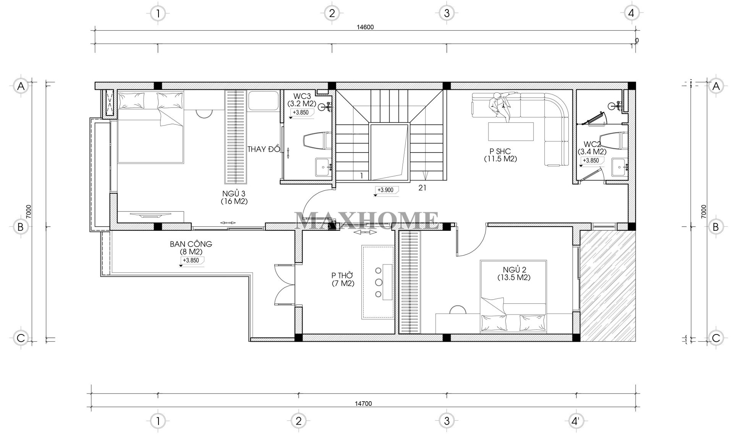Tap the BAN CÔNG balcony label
pos(191,244)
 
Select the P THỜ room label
pos(343,275)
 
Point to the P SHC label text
pos(500,152)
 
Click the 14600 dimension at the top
pos(365,27)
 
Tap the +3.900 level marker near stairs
pos(386,190)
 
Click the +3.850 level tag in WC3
pos(301,112)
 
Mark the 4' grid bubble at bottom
pos(574,421)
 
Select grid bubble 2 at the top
pos(331,13)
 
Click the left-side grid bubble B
pos(21,227)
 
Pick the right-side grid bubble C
pos(715,338)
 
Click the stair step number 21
pos(422,188)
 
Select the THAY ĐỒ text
pos(264,149)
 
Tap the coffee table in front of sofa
pos(511,131)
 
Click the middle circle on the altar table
pos(378,282)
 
